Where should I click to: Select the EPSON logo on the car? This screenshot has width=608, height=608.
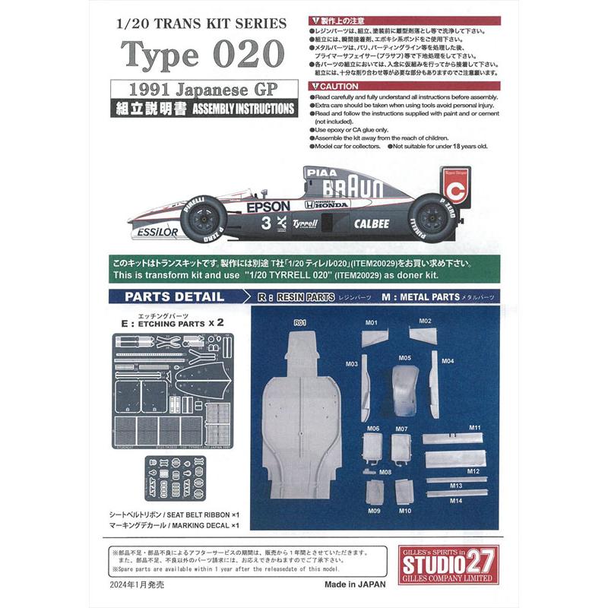coord(267,206)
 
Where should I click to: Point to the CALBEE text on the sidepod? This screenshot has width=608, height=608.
coord(371,223)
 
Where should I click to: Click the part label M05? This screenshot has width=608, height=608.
coord(404,357)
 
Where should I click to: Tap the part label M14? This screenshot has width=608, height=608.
coord(455,500)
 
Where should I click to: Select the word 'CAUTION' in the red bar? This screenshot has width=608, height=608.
coord(337,87)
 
